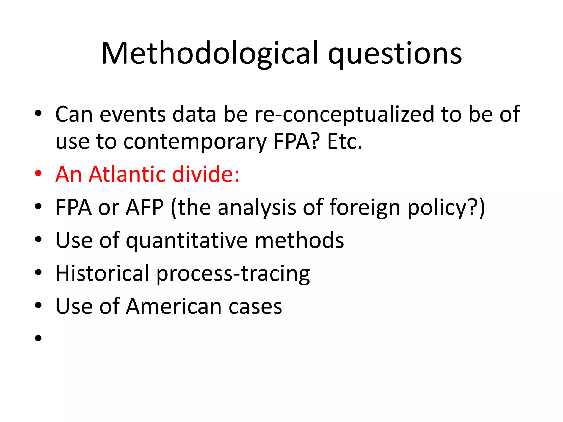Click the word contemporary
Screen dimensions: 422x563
195,142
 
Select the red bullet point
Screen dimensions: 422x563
38,174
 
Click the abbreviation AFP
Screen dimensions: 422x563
145,207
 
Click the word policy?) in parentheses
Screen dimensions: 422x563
446,208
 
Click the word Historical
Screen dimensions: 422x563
102,273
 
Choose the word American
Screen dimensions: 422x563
174,306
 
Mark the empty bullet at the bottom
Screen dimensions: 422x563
38,338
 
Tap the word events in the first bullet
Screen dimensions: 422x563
133,114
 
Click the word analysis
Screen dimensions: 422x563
257,208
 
